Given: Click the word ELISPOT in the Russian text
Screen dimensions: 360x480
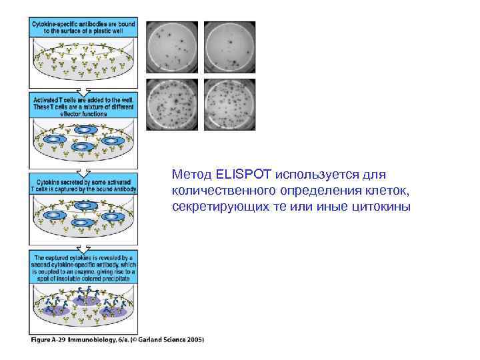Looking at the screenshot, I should click(x=235, y=175).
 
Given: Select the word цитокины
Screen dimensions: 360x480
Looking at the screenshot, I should click(x=384, y=206).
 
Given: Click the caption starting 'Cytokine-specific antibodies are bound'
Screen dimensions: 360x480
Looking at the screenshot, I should click(x=83, y=27).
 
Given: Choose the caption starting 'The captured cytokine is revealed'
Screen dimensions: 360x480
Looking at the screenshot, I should click(x=83, y=267).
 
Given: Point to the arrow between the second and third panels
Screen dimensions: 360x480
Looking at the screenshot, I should click(x=83, y=169).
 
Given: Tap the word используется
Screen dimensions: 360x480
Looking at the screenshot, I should click(x=317, y=175).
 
